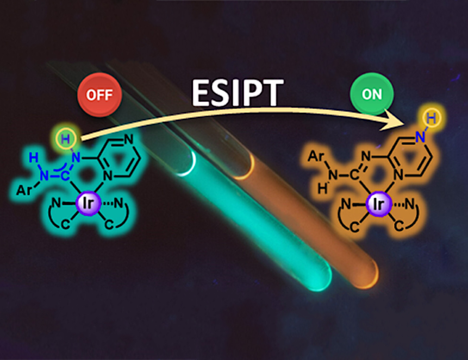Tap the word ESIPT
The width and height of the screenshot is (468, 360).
[238, 94]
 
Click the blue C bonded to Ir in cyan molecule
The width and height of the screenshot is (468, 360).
[65, 175]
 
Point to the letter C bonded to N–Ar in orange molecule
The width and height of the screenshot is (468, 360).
[354, 175]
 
